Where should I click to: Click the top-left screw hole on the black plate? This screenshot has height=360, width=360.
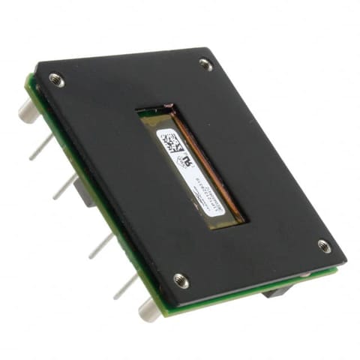point(55,78)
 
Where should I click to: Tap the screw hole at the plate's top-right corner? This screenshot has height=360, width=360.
point(205,64)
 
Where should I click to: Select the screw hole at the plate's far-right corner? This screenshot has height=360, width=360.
point(323,245)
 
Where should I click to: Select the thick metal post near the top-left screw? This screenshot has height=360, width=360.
point(26,112)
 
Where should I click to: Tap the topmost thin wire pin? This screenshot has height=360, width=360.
point(41,147)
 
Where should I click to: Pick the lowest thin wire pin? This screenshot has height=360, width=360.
point(124,286)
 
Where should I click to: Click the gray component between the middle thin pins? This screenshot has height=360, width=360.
point(85,194)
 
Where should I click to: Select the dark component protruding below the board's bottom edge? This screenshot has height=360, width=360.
point(275,291)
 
